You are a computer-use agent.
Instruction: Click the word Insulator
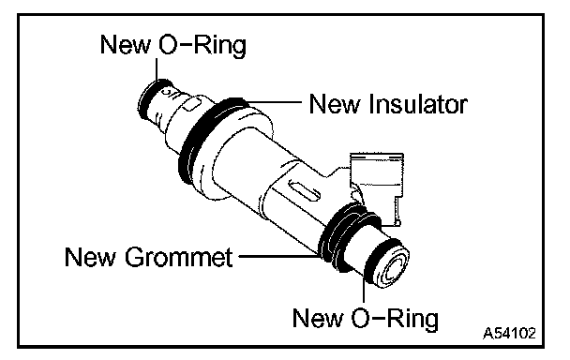(x=418, y=104)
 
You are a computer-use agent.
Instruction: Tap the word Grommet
(x=178, y=257)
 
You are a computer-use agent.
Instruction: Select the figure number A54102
(x=509, y=333)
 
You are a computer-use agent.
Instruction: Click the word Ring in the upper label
(x=219, y=45)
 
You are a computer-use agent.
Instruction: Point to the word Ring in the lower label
(x=412, y=319)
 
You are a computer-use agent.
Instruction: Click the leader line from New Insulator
(x=274, y=103)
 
